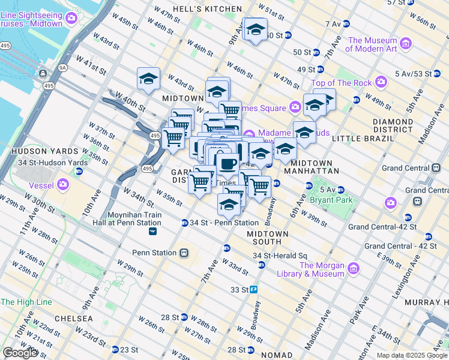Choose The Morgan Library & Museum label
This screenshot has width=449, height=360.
tap(322, 269)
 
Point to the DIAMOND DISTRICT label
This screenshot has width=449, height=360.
tap(392, 125)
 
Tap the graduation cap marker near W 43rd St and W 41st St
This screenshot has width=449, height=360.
tap(148, 79)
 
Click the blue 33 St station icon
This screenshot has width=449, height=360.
tap(254, 289)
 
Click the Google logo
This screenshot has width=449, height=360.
tap(20, 353)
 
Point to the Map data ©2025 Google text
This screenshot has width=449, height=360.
tap(412, 355)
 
